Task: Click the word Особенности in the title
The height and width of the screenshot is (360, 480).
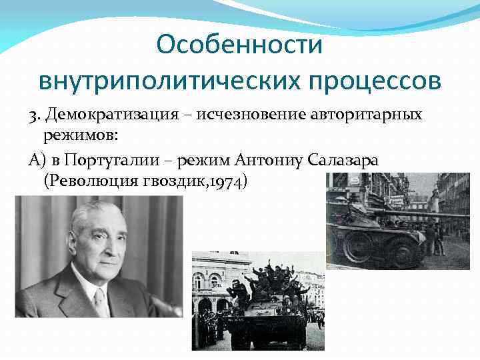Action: click(239, 45)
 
